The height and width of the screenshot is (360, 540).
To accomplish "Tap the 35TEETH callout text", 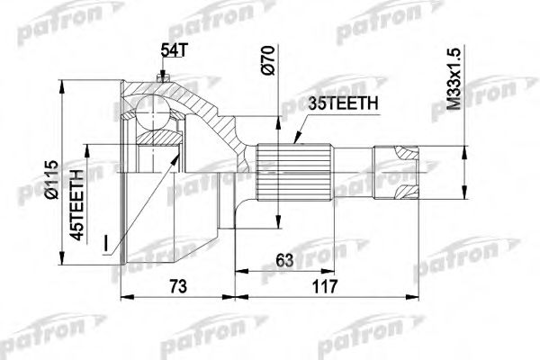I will point(338,105).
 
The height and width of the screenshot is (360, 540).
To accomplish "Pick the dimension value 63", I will point(286,261).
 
